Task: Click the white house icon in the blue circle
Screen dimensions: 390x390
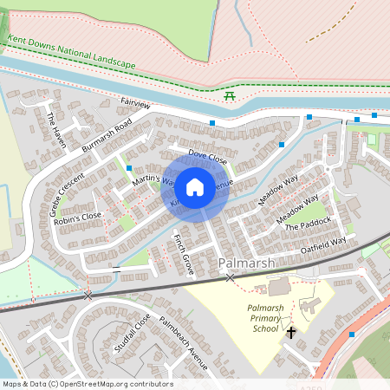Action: point(195,186)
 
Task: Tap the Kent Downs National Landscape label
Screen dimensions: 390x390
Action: point(73,53)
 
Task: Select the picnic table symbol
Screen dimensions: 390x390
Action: point(230,95)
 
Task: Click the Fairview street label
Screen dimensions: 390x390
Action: point(136,105)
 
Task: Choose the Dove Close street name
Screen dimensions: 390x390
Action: point(208,158)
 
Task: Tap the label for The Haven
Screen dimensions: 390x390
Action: point(56,129)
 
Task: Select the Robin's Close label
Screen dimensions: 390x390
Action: point(77,217)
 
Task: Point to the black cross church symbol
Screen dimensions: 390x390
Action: point(291,332)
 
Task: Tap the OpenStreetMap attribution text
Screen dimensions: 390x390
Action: point(87,384)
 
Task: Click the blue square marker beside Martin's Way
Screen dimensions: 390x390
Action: point(129,167)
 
